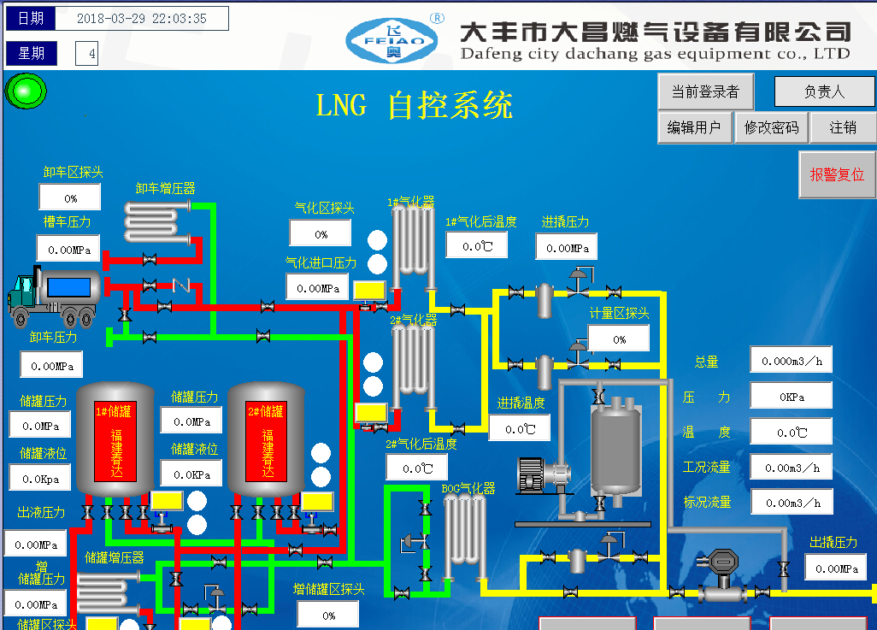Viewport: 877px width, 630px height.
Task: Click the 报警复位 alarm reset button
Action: coord(837,174)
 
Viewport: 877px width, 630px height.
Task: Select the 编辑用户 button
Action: coord(693,127)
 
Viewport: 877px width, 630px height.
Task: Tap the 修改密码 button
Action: coord(771,127)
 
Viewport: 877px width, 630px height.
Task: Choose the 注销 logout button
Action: coord(843,127)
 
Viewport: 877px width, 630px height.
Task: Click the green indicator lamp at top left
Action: coord(26,91)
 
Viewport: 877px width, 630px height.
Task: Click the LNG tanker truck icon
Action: coord(53,296)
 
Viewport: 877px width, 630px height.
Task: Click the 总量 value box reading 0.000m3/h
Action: coord(791,360)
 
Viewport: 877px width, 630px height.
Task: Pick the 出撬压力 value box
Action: coord(836,568)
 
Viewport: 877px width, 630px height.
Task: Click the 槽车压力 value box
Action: coord(68,249)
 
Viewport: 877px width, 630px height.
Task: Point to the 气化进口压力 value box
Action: coord(318,288)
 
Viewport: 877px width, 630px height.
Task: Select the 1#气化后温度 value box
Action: coord(476,246)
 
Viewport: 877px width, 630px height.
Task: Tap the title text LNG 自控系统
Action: coord(415,106)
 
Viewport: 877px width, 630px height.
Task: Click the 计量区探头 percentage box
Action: coord(618,339)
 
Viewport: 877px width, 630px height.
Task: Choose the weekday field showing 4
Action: coord(86,55)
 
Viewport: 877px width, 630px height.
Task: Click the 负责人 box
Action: coord(824,91)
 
